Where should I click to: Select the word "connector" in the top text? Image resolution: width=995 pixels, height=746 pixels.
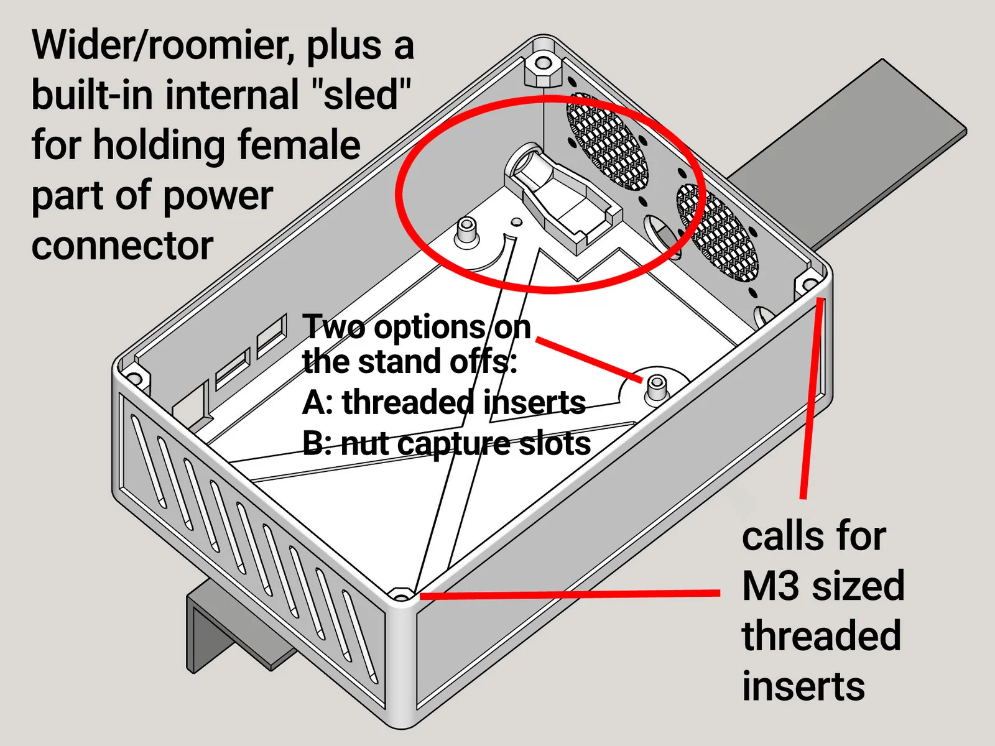click(123, 246)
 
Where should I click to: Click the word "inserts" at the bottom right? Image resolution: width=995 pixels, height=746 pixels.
click(803, 686)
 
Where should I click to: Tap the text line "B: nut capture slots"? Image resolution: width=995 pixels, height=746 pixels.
click(446, 444)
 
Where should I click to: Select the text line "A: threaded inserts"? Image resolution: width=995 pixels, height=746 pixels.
click(443, 403)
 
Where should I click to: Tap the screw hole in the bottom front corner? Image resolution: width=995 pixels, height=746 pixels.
click(402, 596)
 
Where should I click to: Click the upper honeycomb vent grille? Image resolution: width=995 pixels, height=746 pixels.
click(606, 142)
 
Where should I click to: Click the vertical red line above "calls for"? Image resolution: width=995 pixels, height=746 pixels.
click(812, 398)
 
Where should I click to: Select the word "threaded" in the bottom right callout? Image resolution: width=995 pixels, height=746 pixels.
click(821, 636)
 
